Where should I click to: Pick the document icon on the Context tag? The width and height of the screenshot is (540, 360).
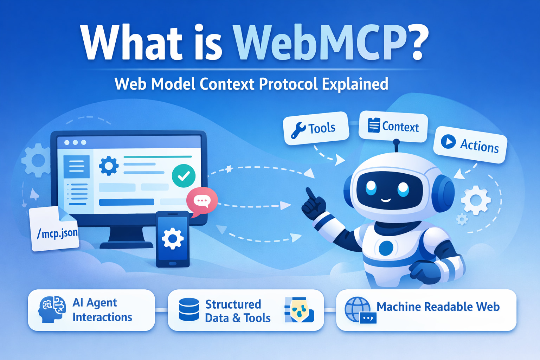[x=373, y=125]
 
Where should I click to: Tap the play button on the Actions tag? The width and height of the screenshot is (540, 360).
[x=449, y=142]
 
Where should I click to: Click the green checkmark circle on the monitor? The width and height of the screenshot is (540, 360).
[x=184, y=175]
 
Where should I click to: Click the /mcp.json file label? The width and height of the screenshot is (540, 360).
[x=57, y=233]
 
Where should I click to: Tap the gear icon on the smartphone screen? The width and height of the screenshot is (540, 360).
[x=172, y=239]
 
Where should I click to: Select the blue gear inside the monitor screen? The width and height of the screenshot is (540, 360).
[x=109, y=166]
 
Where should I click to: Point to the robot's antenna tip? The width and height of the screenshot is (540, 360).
[x=396, y=142]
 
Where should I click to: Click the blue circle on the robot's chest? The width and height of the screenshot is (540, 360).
[x=386, y=248]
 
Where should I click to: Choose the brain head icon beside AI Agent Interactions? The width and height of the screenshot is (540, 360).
[x=52, y=309]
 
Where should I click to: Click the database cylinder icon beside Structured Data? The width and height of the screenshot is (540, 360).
[x=189, y=309]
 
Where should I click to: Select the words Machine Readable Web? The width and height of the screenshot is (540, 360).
[x=438, y=307]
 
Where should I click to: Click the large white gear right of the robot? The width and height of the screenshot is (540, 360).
[x=476, y=200]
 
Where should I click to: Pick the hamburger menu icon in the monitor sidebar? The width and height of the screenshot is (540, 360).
[x=77, y=166]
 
